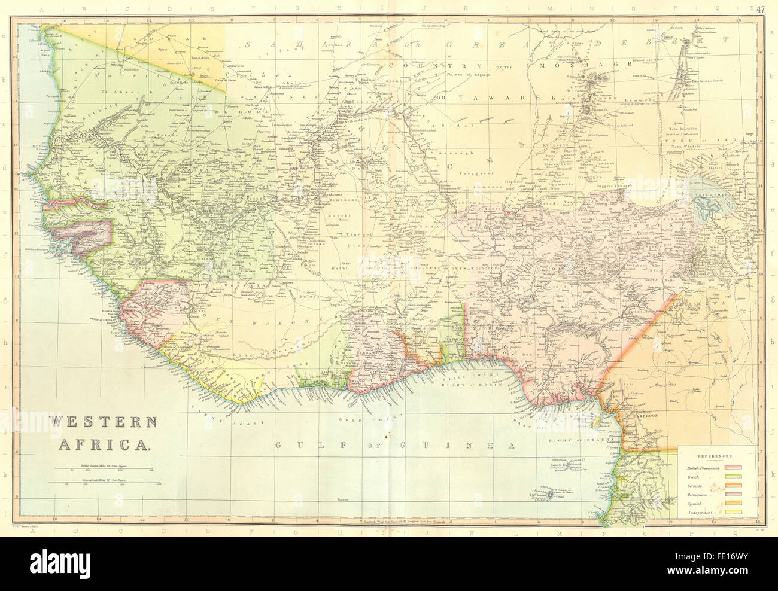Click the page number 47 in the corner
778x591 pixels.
click(759, 9)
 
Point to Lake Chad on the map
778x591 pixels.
click(710, 207)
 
